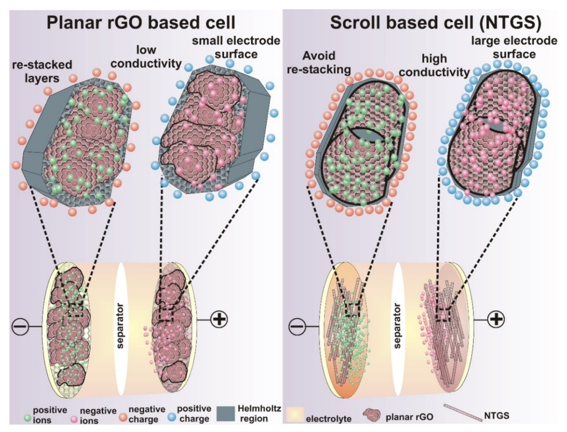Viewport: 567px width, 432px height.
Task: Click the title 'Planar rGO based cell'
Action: click(x=141, y=23)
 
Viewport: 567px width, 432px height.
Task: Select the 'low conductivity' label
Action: click(x=146, y=57)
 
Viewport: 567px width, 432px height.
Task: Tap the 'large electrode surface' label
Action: click(x=514, y=48)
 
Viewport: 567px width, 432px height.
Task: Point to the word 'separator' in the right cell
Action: click(x=397, y=326)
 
